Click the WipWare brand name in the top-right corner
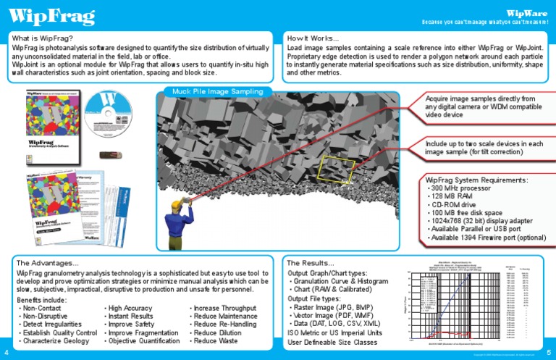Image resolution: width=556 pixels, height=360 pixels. [526, 12]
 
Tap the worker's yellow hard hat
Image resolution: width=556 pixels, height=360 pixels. [190, 197]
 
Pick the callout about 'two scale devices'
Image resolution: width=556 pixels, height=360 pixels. [484, 148]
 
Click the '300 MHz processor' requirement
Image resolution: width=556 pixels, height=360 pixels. [460, 188]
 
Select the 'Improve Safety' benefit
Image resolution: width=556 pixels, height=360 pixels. [132, 325]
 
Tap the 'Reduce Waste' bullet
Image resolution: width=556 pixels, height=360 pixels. [214, 340]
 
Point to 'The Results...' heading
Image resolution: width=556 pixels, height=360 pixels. [311, 262]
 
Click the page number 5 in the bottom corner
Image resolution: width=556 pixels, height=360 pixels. [549, 352]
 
